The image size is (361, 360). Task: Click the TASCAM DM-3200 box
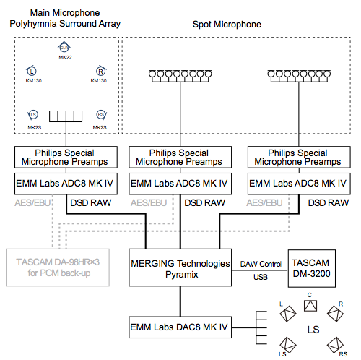click(x=312, y=268)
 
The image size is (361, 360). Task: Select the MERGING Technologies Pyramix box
click(x=180, y=267)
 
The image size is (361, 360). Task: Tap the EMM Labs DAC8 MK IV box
click(x=180, y=327)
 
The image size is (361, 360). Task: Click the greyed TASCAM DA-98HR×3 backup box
click(x=58, y=267)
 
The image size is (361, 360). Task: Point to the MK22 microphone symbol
click(x=64, y=48)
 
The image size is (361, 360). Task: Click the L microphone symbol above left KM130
click(x=32, y=71)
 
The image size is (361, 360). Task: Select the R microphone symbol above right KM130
click(x=101, y=71)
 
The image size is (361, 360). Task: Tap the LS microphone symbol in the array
click(x=33, y=115)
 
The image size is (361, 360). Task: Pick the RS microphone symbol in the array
click(x=101, y=115)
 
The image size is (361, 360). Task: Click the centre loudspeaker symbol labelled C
click(x=310, y=306)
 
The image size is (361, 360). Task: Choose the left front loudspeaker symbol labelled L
click(x=288, y=314)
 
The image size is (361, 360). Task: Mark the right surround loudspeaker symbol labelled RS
click(x=335, y=345)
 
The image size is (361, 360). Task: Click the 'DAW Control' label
click(x=261, y=264)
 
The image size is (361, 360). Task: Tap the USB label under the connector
click(x=261, y=277)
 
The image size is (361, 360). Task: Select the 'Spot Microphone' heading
click(x=227, y=25)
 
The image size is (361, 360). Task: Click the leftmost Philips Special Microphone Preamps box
click(x=66, y=157)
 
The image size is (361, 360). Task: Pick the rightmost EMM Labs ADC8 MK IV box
click(x=299, y=184)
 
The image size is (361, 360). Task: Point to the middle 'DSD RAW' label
click(x=205, y=203)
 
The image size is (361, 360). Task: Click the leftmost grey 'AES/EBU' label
click(x=32, y=203)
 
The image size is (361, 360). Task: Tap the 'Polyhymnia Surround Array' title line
click(x=65, y=24)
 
